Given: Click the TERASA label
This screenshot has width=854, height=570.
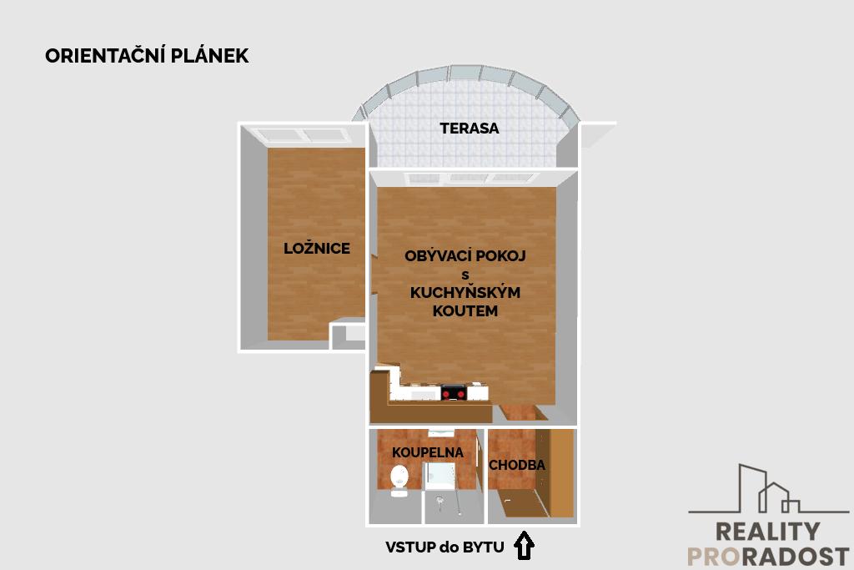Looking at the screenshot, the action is (x=469, y=128).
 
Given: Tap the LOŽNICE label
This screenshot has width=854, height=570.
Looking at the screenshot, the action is (x=316, y=248).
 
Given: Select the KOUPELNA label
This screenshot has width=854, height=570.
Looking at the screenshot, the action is (x=428, y=452).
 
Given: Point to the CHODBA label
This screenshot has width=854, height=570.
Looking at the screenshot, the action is (x=517, y=465).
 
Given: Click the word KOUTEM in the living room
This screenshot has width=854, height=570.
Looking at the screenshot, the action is (x=465, y=311).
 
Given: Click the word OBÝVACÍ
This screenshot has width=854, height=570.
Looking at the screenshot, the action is (x=435, y=255).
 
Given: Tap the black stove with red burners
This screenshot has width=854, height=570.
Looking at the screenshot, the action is (x=454, y=392).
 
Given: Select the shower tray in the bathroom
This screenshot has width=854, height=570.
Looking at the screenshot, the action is (x=440, y=475).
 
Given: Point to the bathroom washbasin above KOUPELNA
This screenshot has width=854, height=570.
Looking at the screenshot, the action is (x=441, y=433).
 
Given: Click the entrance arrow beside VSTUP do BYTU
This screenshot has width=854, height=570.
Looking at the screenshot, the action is (x=524, y=546).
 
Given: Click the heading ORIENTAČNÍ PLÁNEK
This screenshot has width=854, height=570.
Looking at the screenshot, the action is (x=147, y=56).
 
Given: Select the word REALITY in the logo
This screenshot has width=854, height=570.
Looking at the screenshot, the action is (x=767, y=532).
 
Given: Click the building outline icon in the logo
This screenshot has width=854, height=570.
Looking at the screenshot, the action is (x=768, y=489).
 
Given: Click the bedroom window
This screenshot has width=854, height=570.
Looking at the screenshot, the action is (x=304, y=134).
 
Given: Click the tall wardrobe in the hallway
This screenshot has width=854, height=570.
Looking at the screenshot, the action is (x=555, y=472).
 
